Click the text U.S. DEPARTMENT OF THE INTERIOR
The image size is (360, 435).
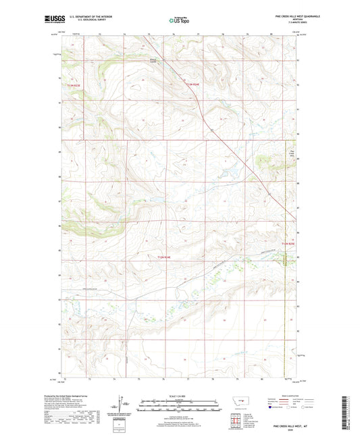coord(88,16)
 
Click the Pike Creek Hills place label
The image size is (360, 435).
coord(292,153)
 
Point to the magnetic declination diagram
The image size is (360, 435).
coord(124,406)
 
